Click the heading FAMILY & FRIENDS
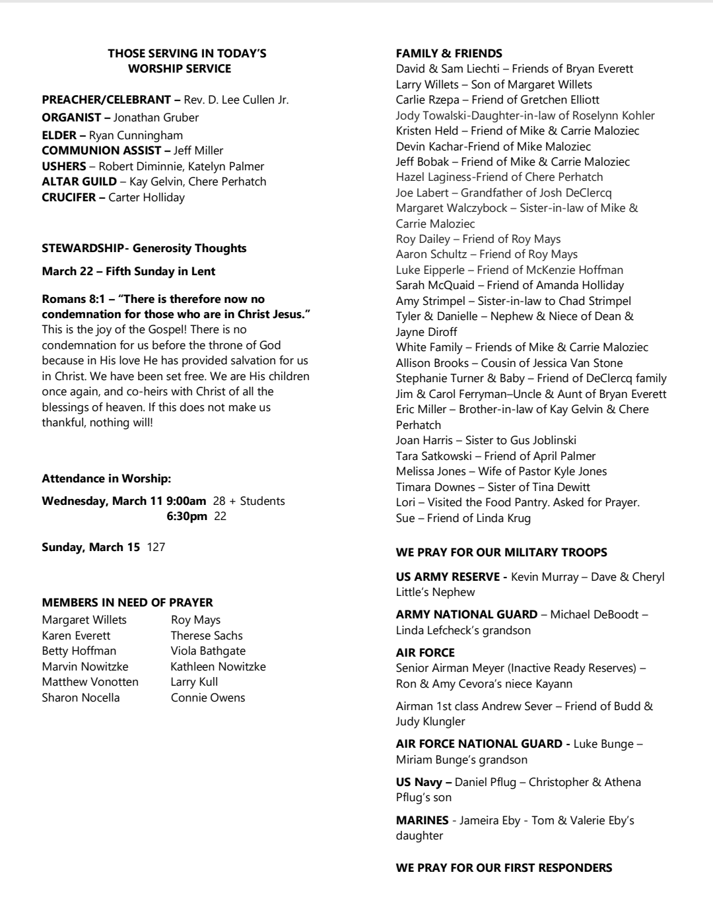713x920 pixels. (x=449, y=53)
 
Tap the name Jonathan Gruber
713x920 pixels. (x=156, y=117)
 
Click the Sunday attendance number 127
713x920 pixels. (x=156, y=547)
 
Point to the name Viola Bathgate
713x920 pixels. (x=208, y=651)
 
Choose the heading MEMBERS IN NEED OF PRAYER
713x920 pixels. (x=127, y=603)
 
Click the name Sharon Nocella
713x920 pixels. (x=81, y=698)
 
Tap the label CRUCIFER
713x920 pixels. (x=69, y=197)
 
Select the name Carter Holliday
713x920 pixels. (x=147, y=197)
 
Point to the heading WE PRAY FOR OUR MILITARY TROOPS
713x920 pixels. (x=501, y=552)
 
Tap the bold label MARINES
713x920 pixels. (x=422, y=820)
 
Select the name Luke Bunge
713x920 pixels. (x=603, y=744)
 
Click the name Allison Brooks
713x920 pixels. (x=432, y=363)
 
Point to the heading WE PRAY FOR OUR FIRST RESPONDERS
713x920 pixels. (x=504, y=868)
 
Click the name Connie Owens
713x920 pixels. (x=208, y=698)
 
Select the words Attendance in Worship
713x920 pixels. (x=106, y=478)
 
